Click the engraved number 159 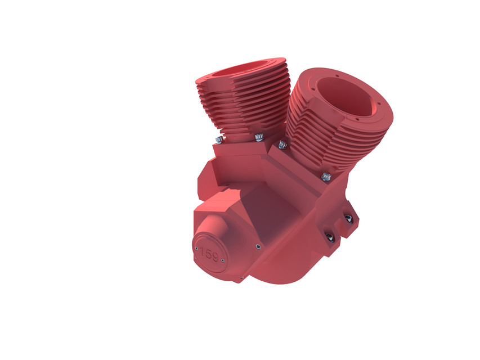(x=209, y=254)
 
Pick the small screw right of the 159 (x=223, y=260)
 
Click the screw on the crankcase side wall (x=258, y=246)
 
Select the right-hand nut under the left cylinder (x=259, y=136)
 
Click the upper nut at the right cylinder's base (x=282, y=145)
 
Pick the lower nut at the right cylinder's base (x=326, y=177)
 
